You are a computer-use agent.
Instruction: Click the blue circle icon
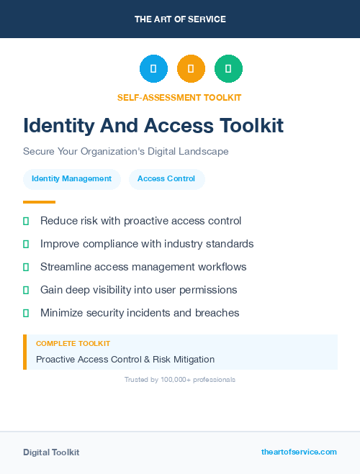tap(153, 69)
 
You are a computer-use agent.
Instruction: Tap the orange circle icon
tap(191, 69)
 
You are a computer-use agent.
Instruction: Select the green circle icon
tap(228, 69)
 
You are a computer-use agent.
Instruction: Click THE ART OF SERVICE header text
tap(180, 19)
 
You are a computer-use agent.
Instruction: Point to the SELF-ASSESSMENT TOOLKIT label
tap(179, 97)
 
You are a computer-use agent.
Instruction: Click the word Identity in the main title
tap(57, 126)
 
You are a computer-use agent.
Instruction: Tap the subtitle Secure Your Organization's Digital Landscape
tap(126, 152)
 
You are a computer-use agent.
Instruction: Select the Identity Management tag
tap(71, 178)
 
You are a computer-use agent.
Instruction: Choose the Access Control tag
tap(166, 178)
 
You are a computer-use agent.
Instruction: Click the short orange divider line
tap(39, 202)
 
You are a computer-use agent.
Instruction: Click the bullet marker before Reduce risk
tap(26, 221)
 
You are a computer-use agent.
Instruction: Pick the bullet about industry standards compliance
tap(147, 244)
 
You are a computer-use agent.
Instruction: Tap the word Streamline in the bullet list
tap(66, 267)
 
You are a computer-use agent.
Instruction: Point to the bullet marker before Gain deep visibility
tap(26, 290)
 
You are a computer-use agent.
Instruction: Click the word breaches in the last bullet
tap(218, 313)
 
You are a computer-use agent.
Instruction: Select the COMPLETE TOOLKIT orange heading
tap(73, 344)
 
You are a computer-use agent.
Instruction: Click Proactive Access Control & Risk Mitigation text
tap(125, 359)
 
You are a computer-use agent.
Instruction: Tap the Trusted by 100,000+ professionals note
tap(180, 379)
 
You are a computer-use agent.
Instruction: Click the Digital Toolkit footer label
tap(51, 452)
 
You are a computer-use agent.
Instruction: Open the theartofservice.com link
tap(299, 452)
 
